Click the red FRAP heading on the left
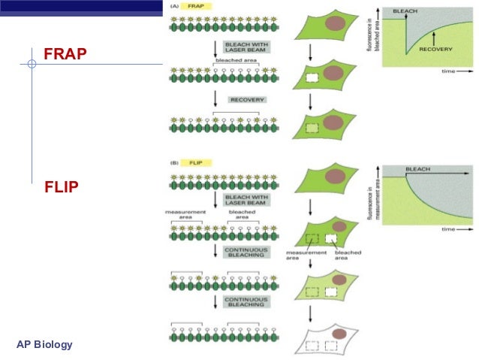coord(65,54)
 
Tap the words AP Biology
coord(44,345)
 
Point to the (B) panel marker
coord(175,162)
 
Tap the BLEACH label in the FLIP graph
coord(418,169)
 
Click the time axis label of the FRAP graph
coord(450,73)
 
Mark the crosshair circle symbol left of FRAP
coord(32,65)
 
